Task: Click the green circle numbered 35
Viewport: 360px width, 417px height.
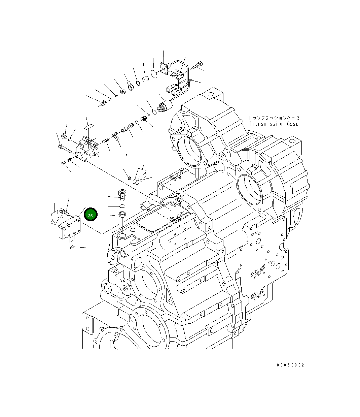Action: pyautogui.click(x=91, y=215)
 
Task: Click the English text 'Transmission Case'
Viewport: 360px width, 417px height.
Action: pyautogui.click(x=274, y=124)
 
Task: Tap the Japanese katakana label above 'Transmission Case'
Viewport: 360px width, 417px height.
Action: pyautogui.click(x=274, y=118)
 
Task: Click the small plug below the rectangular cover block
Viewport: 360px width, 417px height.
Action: pyautogui.click(x=72, y=248)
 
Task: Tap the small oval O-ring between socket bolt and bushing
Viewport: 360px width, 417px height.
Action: pyautogui.click(x=122, y=205)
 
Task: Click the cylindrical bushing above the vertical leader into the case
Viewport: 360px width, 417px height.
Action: pyautogui.click(x=122, y=214)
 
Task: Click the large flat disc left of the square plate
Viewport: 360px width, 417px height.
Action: pyautogui.click(x=154, y=74)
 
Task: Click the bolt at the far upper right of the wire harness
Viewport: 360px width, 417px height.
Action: pyautogui.click(x=199, y=65)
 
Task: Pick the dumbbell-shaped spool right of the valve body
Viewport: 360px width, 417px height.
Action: pyautogui.click(x=127, y=129)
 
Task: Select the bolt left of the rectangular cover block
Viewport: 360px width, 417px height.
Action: pyautogui.click(x=64, y=212)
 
